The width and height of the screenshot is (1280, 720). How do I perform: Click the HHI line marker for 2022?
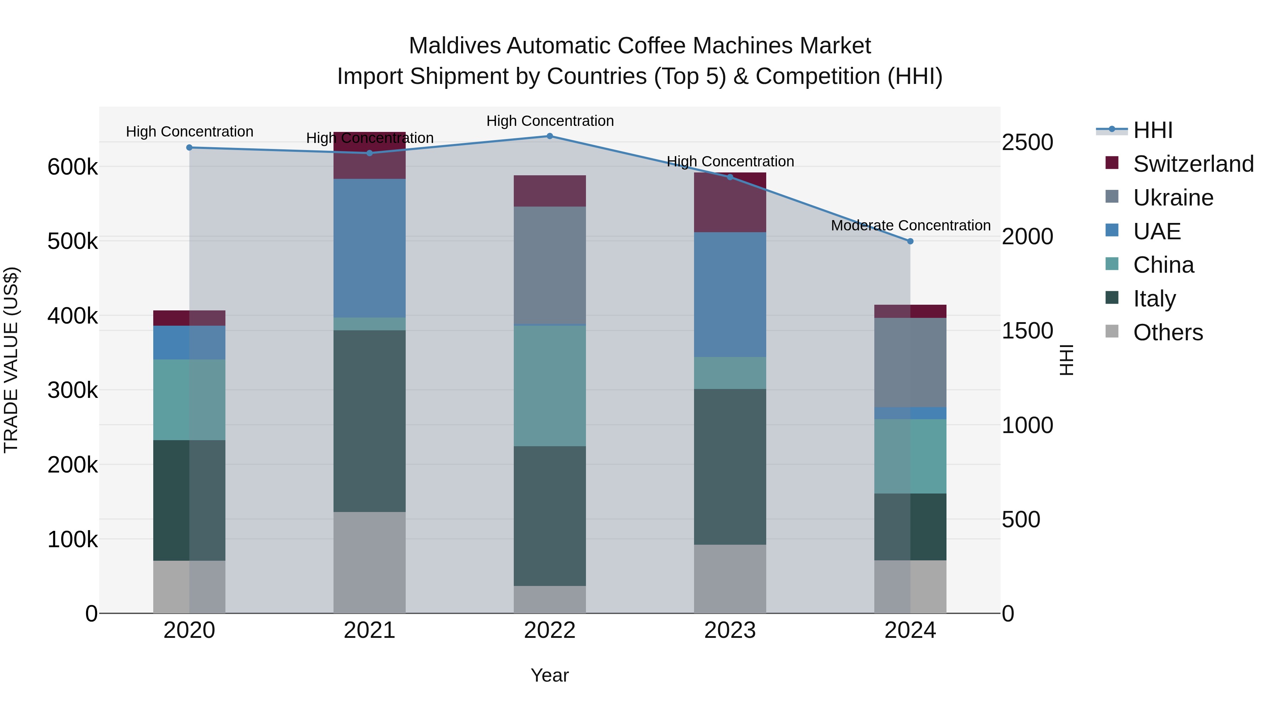click(x=550, y=136)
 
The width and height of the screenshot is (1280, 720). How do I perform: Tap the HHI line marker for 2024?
click(x=910, y=241)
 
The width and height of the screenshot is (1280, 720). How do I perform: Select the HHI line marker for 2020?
click(x=189, y=148)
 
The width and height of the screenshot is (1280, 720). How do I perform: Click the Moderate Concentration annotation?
click(x=910, y=225)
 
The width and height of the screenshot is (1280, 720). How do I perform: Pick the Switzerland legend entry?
click(x=1193, y=164)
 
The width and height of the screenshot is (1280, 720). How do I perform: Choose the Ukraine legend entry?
click(x=1173, y=198)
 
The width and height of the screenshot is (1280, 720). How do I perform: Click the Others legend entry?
click(x=1168, y=332)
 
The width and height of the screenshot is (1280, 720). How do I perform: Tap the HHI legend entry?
click(x=1153, y=130)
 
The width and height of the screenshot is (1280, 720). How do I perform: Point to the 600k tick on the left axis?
click(x=73, y=167)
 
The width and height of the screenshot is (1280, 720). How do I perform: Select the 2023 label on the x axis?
click(x=730, y=630)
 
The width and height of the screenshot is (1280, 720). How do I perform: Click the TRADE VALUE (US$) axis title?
click(x=11, y=360)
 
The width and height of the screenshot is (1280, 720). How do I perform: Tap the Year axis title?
click(x=550, y=675)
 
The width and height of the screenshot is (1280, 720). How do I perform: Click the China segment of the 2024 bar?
click(x=910, y=456)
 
